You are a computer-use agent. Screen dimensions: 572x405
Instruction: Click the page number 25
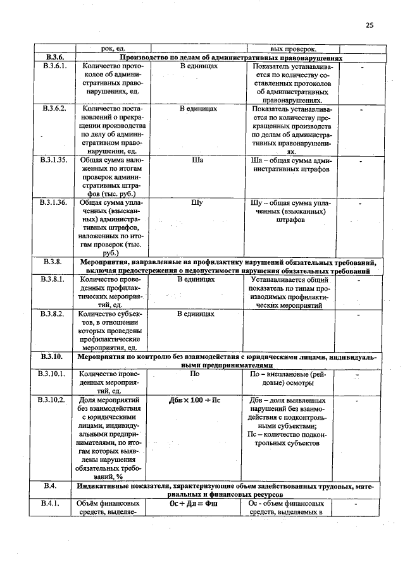click(370, 25)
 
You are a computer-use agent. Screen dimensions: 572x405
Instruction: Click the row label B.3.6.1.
click(55, 66)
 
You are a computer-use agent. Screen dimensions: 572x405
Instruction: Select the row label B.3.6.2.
click(55, 109)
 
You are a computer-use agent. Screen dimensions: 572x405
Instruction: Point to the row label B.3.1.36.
click(55, 203)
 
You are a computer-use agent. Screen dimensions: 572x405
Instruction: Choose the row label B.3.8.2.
click(55, 313)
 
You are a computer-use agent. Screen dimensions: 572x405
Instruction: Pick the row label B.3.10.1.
click(55, 374)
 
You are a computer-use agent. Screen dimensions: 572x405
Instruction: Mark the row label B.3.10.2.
click(55, 400)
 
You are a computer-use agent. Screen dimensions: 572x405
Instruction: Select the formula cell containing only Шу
click(197, 203)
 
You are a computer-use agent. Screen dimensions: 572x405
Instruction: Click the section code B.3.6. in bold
click(55, 57)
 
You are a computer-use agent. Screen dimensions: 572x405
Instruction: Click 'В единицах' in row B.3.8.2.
click(197, 313)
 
